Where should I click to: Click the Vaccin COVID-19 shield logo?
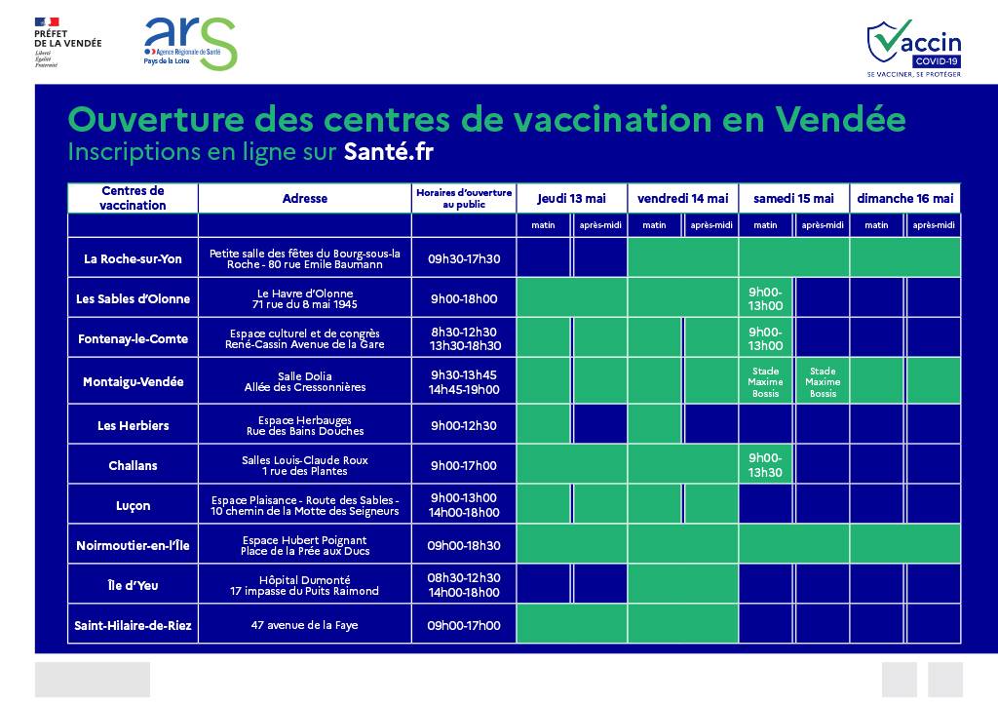pyautogui.click(x=913, y=48)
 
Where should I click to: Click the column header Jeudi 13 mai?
pyautogui.click(x=571, y=198)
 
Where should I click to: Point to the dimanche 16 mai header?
pyautogui.click(x=904, y=198)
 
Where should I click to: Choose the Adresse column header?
pyautogui.click(x=305, y=198)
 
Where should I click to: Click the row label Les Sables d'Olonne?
pyautogui.click(x=134, y=299)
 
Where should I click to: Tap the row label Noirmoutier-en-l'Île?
pyautogui.click(x=134, y=546)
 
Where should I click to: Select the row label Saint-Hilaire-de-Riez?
pyautogui.click(x=134, y=625)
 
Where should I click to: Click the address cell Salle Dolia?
pyautogui.click(x=305, y=381)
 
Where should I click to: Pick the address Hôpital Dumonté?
pyautogui.click(x=305, y=585)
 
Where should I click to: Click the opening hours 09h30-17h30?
pyautogui.click(x=464, y=259)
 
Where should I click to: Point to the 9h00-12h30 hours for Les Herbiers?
pyautogui.click(x=464, y=426)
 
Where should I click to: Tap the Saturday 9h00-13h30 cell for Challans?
pyautogui.click(x=766, y=465)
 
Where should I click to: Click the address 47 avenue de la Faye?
pyautogui.click(x=305, y=625)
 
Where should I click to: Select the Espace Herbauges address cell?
pyautogui.click(x=305, y=425)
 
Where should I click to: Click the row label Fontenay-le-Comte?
pyautogui.click(x=134, y=339)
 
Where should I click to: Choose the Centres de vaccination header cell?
pyautogui.click(x=134, y=198)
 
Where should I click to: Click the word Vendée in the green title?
pyautogui.click(x=841, y=119)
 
